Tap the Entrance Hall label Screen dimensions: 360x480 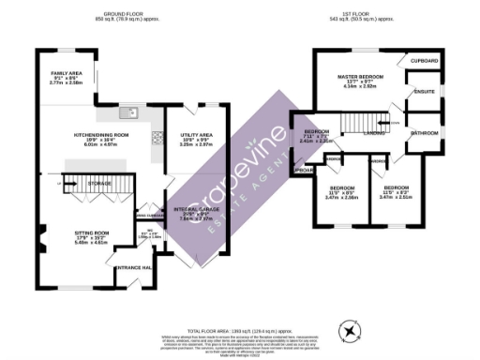click(x=128, y=268)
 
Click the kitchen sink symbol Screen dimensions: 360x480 click(x=130, y=113)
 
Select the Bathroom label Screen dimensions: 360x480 click(x=425, y=133)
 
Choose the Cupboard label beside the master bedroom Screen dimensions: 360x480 click(x=425, y=61)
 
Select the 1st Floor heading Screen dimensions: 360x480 click(x=367, y=14)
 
